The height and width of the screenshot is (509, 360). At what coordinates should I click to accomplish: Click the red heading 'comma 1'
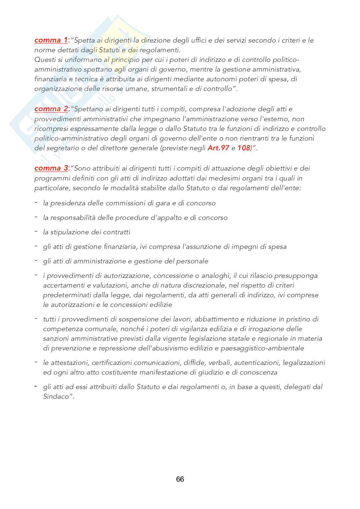51,40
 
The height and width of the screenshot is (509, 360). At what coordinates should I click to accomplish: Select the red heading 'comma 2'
51,109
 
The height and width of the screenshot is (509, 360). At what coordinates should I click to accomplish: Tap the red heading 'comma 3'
51,168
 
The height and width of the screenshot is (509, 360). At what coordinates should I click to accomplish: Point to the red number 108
244,148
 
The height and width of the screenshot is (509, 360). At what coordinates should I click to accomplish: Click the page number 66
180,479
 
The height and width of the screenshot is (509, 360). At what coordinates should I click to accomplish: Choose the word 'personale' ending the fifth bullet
192,261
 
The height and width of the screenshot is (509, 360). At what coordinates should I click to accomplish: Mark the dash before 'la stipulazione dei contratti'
36,232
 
